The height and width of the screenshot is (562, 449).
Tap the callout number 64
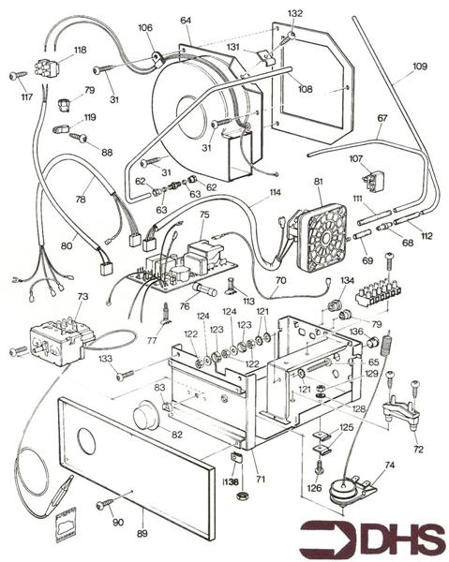(x=186, y=20)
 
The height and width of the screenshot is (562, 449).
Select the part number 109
(x=419, y=67)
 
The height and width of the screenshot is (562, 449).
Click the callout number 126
(x=314, y=488)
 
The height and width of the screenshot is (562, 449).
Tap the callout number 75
(x=203, y=214)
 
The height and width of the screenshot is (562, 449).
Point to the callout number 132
(x=295, y=13)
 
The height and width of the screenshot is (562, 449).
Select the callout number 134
(x=348, y=280)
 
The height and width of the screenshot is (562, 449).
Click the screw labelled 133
(x=124, y=376)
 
